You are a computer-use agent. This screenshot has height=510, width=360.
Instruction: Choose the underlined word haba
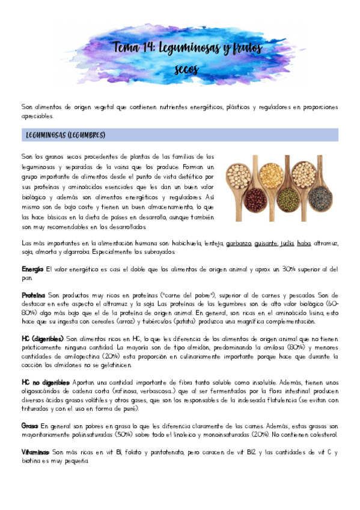coord(304,243)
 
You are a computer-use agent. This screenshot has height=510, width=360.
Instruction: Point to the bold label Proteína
coord(34,296)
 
